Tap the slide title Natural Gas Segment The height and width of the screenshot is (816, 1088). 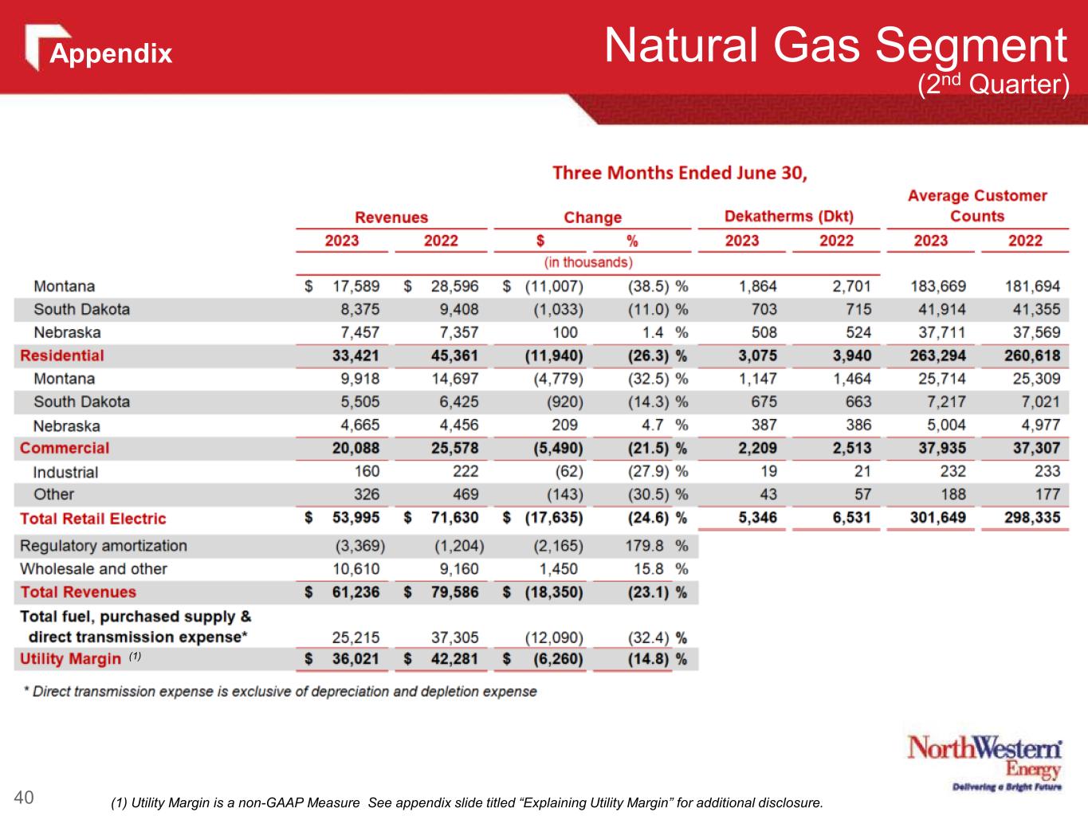click(x=835, y=45)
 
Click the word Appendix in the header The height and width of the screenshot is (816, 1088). click(x=111, y=53)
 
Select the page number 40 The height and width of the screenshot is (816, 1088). click(x=24, y=797)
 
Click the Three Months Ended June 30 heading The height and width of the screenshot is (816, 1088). click(x=680, y=173)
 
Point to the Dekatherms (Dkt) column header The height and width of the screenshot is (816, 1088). click(x=788, y=216)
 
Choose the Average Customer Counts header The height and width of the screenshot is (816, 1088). click(x=976, y=206)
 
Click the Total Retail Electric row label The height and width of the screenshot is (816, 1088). click(x=93, y=519)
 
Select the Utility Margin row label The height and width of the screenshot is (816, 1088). click(x=70, y=659)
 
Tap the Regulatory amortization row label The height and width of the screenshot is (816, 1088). click(x=104, y=546)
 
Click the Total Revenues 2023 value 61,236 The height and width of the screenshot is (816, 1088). click(x=355, y=592)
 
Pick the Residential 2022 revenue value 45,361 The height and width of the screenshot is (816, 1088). click(x=454, y=355)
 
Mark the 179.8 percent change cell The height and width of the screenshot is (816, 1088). click(x=647, y=546)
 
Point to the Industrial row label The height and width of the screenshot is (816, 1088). click(x=65, y=472)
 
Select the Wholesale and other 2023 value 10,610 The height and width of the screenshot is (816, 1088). click(x=355, y=569)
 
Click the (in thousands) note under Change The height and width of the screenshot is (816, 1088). click(x=588, y=261)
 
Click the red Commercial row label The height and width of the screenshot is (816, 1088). click(x=65, y=448)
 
